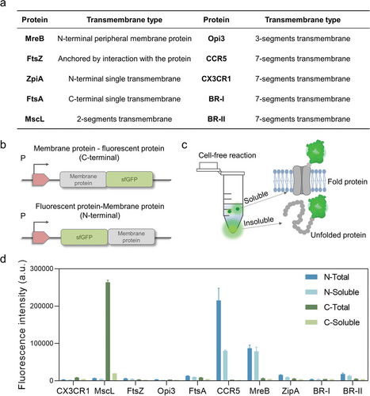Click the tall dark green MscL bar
[108, 331]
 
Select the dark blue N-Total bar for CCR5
[219, 341]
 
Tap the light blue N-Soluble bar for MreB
[256, 366]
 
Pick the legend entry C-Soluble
[333, 322]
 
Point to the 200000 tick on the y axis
[41, 306]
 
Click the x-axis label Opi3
[166, 390]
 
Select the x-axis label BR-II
[353, 390]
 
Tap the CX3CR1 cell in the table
[216, 78]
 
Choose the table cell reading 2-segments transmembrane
[124, 119]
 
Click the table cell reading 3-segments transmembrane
[303, 39]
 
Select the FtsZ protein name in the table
[35, 59]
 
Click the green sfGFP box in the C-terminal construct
[129, 180]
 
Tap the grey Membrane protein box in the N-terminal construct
[132, 237]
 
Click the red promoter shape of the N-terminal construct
[41, 237]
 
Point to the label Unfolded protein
[338, 235]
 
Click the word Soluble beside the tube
[256, 197]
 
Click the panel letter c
[185, 145]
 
